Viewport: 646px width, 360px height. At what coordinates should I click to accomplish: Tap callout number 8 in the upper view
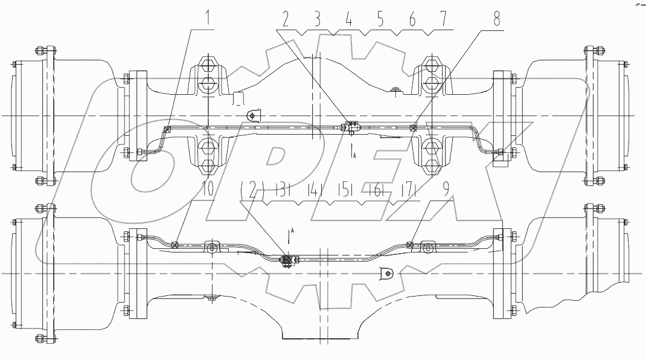(496, 20)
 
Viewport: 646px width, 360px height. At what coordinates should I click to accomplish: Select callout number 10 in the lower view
(207, 189)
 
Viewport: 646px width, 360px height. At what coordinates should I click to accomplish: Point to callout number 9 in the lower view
(445, 189)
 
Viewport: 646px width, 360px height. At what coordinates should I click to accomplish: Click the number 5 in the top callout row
(380, 20)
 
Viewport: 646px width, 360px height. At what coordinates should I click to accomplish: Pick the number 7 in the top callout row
(445, 20)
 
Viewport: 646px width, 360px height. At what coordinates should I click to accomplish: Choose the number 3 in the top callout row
(316, 20)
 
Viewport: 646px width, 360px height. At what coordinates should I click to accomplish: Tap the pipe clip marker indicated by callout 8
(413, 127)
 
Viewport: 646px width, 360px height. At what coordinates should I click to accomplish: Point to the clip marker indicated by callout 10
(174, 245)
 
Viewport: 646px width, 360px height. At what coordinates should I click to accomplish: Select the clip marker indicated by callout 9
(409, 245)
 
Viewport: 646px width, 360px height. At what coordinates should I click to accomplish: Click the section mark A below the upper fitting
(354, 155)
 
